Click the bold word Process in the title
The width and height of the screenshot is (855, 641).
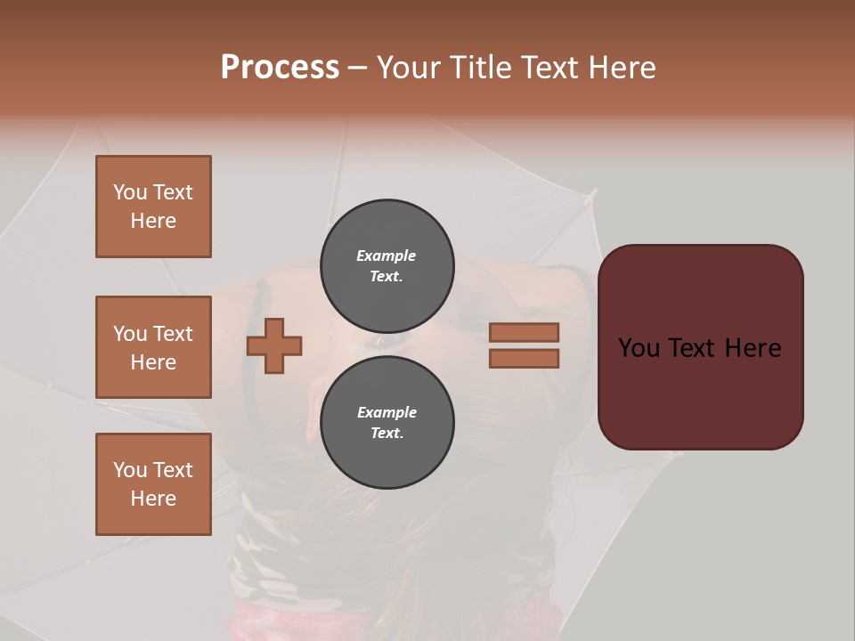tap(280, 68)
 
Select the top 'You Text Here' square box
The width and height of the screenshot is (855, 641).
tap(153, 207)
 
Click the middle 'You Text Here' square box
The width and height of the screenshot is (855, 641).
tap(153, 347)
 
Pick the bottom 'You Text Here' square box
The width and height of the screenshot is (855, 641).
tap(153, 484)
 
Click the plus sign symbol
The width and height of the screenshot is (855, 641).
tap(274, 345)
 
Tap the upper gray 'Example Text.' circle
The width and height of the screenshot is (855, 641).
tap(387, 266)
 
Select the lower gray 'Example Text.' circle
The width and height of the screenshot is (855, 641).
tap(387, 423)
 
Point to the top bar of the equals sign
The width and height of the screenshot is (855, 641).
tap(525, 332)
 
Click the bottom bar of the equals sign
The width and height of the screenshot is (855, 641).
tap(525, 359)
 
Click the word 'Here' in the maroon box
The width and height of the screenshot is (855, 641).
tap(753, 348)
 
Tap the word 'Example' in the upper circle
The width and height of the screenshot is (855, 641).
tap(387, 256)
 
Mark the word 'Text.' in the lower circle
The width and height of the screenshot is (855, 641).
tap(387, 434)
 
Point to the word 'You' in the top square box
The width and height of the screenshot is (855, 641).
tap(129, 192)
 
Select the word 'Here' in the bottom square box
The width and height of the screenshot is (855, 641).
tap(153, 499)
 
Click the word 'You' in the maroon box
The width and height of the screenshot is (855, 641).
tap(639, 348)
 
